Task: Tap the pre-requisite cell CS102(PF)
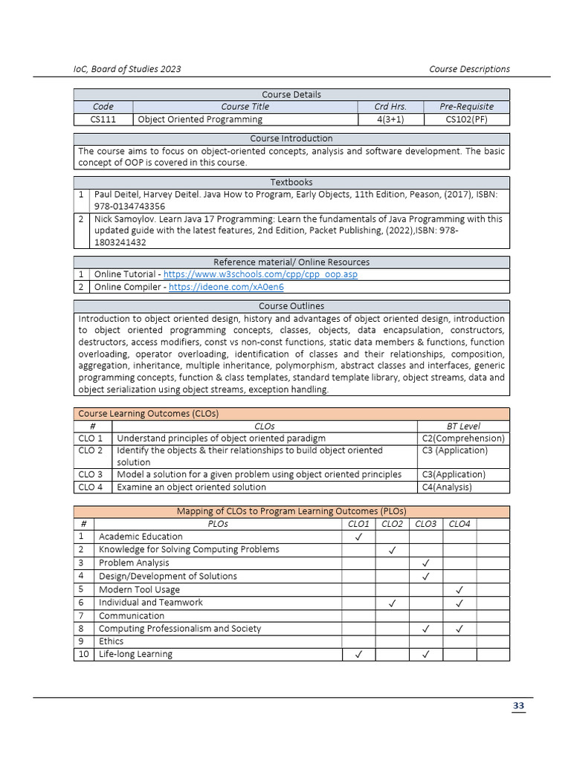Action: [466, 119]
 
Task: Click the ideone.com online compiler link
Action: [226, 287]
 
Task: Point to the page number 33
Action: [518, 706]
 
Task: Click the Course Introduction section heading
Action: [291, 138]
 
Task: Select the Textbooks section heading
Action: [291, 182]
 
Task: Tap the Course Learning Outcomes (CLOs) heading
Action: [148, 413]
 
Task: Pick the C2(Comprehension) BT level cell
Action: [463, 438]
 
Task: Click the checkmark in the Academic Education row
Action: [358, 537]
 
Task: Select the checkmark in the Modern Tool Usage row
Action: [459, 590]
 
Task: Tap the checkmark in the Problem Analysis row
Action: [426, 563]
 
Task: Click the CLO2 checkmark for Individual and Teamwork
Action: [392, 603]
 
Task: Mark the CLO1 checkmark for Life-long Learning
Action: [358, 655]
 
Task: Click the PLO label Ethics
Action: [112, 641]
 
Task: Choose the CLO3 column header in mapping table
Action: [426, 524]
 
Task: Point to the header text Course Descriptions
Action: [469, 69]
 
